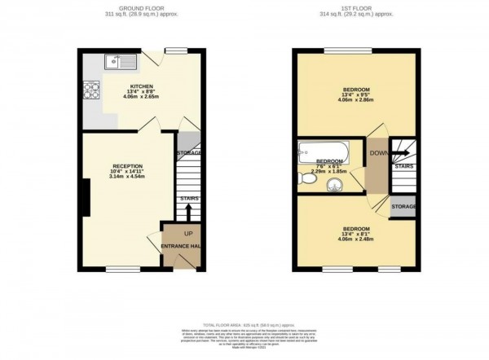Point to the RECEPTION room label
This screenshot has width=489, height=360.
point(126,166)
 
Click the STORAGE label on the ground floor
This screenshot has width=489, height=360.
point(189,152)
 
